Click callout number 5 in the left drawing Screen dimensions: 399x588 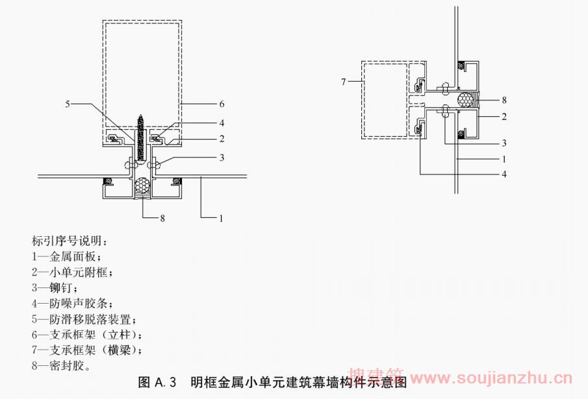(x=68, y=103)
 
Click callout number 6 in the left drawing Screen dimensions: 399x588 (x=222, y=104)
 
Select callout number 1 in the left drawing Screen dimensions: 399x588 (x=222, y=219)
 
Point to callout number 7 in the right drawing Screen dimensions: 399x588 (x=343, y=82)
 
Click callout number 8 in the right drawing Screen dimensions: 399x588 (x=503, y=100)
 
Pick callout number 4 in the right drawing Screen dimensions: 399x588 (x=504, y=174)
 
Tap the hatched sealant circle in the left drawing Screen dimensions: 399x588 (x=142, y=187)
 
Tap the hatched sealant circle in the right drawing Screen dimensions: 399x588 (x=464, y=100)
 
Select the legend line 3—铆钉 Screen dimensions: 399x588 (x=54, y=287)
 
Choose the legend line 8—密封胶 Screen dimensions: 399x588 (x=60, y=365)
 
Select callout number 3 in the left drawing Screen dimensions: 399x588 (x=222, y=157)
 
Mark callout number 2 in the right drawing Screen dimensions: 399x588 (x=503, y=117)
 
